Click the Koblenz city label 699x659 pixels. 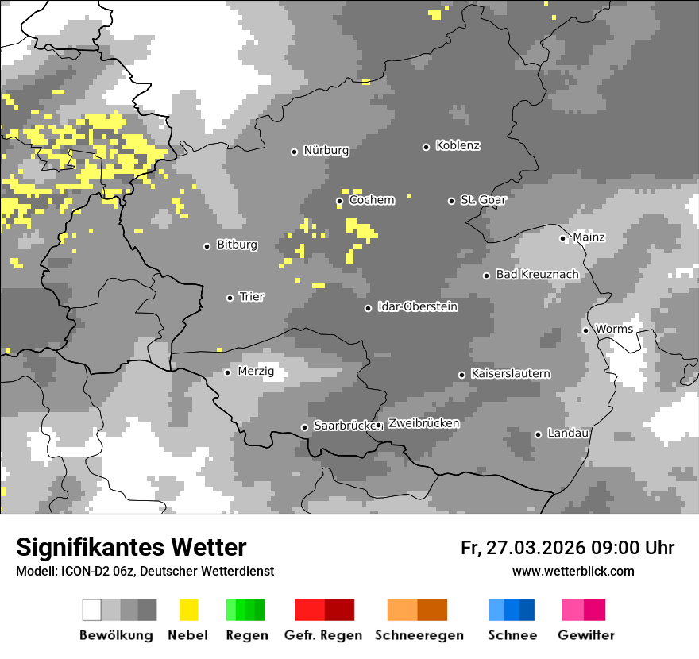click(458, 146)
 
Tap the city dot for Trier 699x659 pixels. click(230, 298)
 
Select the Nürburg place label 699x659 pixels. click(326, 150)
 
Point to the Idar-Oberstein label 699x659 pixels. click(417, 306)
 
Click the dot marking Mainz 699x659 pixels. click(562, 238)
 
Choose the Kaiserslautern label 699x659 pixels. click(510, 373)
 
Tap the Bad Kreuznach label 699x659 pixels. click(537, 275)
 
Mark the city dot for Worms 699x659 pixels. click(585, 330)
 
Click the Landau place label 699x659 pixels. click(568, 434)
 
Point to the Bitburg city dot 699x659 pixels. click(207, 246)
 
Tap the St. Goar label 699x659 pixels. click(483, 200)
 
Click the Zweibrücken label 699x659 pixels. click(423, 423)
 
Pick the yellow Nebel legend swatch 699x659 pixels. click(188, 610)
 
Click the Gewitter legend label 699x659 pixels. click(585, 635)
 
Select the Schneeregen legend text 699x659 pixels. click(419, 635)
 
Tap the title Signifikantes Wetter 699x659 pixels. click(131, 548)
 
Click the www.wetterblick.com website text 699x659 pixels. click(573, 572)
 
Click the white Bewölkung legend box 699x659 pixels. click(92, 610)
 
